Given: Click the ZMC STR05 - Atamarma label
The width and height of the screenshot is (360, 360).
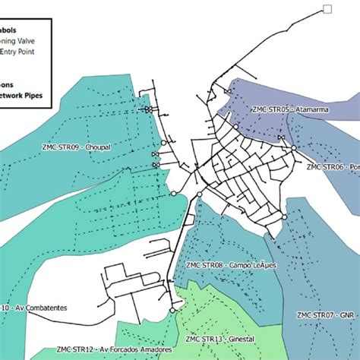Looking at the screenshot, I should [x=275, y=109].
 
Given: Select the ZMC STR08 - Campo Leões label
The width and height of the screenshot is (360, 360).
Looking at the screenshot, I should [x=230, y=265].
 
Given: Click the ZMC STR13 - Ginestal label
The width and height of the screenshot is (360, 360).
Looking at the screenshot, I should [x=219, y=338].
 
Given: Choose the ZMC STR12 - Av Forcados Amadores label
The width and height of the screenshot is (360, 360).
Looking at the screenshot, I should [x=113, y=349].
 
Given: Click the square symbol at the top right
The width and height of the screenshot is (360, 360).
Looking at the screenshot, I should [x=327, y=8].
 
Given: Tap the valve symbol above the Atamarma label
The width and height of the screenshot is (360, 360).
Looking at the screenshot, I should [x=227, y=92].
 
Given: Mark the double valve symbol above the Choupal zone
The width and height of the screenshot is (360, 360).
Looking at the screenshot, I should [x=150, y=111].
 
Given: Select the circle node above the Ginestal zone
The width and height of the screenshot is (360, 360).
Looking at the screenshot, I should [x=174, y=310].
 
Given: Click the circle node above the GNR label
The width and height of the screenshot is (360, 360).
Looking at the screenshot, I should [x=286, y=216].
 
